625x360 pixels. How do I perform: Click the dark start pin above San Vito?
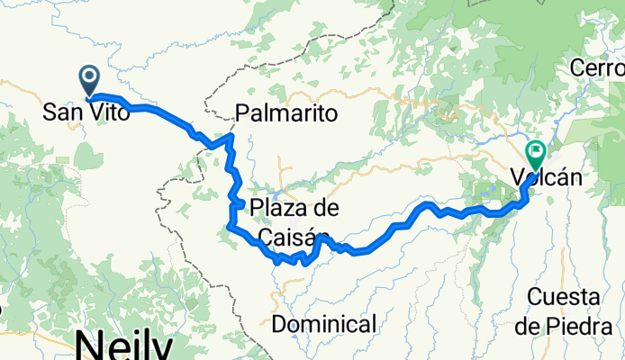click(x=90, y=79)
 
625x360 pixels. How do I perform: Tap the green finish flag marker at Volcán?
click(x=535, y=152)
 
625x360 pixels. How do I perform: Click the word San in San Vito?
click(x=63, y=114)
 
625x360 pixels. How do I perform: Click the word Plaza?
click(x=281, y=209)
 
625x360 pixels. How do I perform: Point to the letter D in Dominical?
click(x=278, y=323)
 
